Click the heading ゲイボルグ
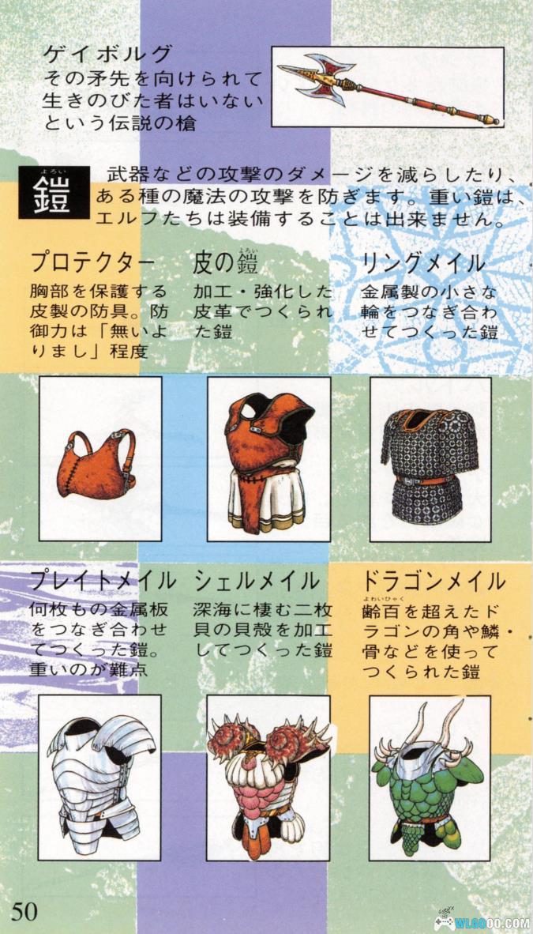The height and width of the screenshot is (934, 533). tap(109, 55)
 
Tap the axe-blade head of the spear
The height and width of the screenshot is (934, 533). tap(317, 77)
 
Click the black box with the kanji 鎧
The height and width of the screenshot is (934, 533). tap(53, 192)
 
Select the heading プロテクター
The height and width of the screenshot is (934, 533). tap(92, 263)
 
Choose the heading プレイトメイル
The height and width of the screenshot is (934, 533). tap(103, 580)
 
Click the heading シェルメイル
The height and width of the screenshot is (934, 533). tap(256, 580)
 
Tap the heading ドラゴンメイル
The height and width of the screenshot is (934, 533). tap(434, 580)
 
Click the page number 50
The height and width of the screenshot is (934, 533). tap(24, 912)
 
